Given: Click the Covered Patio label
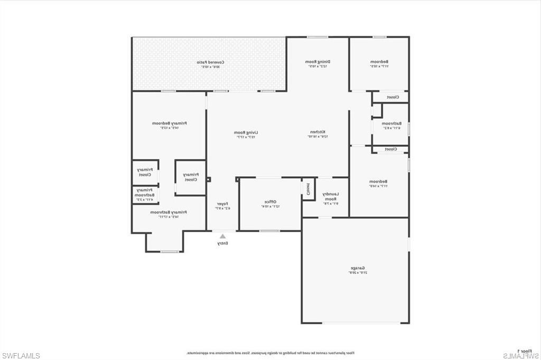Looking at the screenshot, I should tap(209, 62).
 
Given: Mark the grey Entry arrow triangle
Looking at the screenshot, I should tap(222, 236).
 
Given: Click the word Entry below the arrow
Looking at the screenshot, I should tap(222, 243).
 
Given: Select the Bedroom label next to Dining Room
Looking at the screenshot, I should tap(379, 62).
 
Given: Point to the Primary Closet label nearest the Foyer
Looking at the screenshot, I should tap(190, 177).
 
